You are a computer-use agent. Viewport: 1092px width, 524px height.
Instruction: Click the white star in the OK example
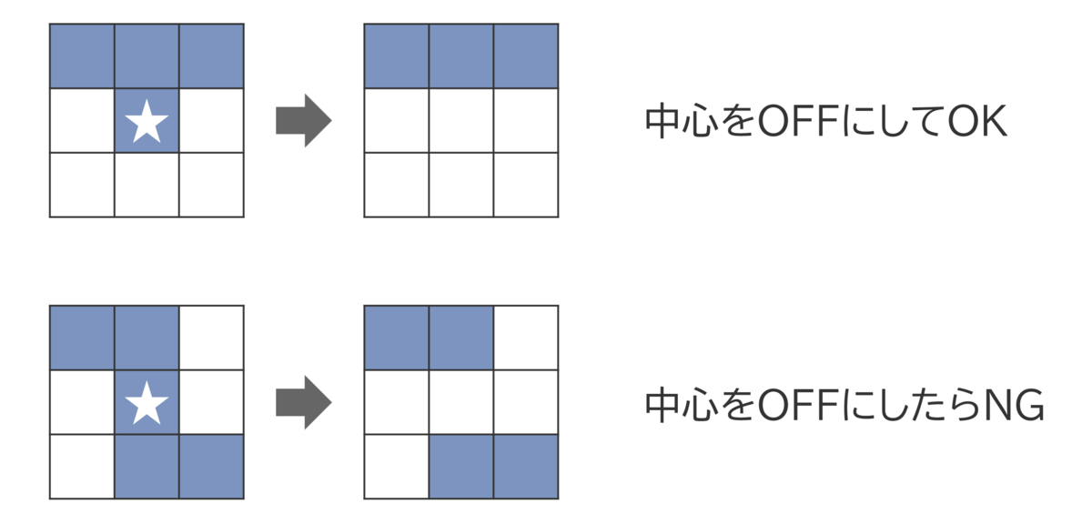click(147, 121)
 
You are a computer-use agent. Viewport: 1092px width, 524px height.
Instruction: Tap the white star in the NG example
click(147, 403)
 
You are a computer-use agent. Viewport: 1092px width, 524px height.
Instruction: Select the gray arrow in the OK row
click(304, 120)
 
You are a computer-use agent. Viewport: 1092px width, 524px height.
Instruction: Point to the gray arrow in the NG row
click(304, 402)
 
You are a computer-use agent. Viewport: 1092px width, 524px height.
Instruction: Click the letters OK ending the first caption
click(977, 121)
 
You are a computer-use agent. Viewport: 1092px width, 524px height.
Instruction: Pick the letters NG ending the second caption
click(1014, 405)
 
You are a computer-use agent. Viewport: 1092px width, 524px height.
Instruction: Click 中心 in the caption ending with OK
click(682, 121)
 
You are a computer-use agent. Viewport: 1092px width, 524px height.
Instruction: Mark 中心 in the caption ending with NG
click(682, 405)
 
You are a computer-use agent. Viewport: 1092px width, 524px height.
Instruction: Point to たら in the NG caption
click(947, 405)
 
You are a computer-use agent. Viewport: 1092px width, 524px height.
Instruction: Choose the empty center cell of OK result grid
click(461, 120)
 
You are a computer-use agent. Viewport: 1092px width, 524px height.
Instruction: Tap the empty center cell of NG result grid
click(461, 402)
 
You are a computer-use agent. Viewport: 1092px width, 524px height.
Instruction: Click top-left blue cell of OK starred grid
click(82, 56)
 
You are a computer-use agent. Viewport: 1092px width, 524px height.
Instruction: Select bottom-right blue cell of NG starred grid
click(211, 467)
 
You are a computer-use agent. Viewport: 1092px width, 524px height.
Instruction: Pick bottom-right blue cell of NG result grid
click(526, 467)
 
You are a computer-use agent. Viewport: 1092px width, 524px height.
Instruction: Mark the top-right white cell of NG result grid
click(526, 338)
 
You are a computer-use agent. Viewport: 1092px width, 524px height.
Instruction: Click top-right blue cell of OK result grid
click(526, 56)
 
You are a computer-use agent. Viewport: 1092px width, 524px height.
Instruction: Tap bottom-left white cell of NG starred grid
click(82, 467)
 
